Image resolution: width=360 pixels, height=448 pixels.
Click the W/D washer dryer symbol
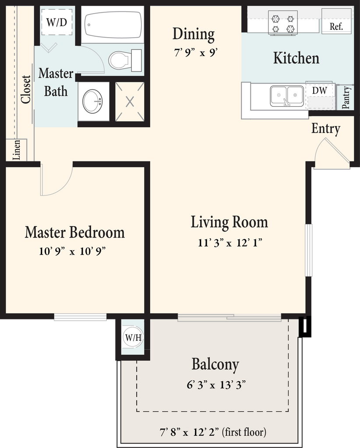[x=56, y=22]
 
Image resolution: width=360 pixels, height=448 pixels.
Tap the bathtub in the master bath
[x=113, y=24]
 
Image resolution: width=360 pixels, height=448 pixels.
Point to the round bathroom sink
[x=93, y=101]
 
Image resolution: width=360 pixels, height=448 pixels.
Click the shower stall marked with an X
[x=130, y=101]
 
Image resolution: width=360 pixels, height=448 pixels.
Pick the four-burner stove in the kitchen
[x=283, y=23]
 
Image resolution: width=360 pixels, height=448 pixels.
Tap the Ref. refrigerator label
[x=336, y=27]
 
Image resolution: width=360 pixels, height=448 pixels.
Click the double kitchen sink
[x=287, y=96]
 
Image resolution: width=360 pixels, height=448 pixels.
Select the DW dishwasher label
[x=319, y=91]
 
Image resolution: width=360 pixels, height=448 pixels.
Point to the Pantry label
[x=346, y=98]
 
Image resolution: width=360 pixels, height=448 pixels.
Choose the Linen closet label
[x=17, y=150]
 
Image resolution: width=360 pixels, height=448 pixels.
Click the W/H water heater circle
[x=133, y=337]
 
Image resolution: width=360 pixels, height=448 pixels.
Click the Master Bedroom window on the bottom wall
[x=80, y=317]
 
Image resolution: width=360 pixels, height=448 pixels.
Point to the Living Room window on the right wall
[x=308, y=250]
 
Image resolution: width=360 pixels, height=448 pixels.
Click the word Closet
[x=26, y=89]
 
